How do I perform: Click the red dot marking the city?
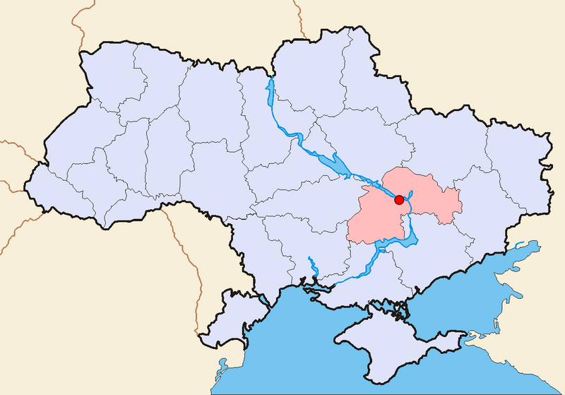coord(399,200)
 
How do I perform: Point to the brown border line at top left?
coord(78,28)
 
